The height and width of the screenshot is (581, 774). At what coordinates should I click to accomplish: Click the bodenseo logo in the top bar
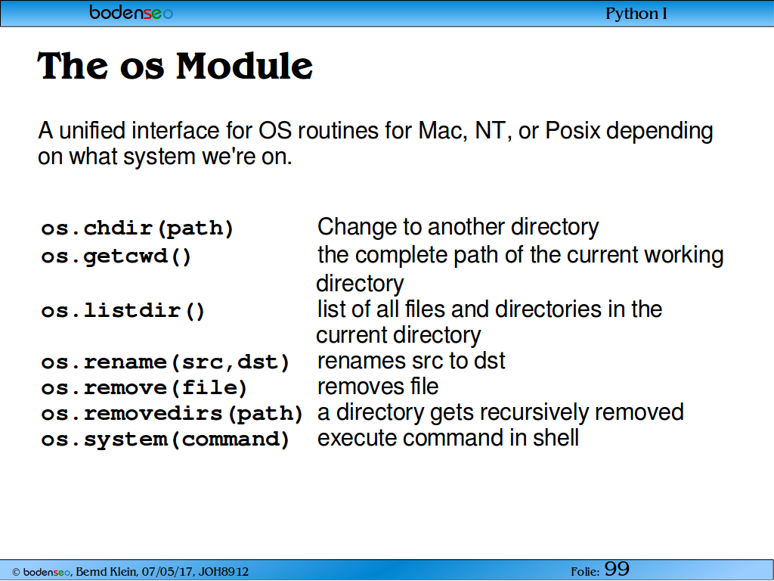point(131,12)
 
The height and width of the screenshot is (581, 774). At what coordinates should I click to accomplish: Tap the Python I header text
point(636,14)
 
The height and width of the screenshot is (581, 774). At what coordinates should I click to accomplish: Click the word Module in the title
point(244,66)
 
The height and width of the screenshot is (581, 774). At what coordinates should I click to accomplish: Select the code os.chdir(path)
point(138,228)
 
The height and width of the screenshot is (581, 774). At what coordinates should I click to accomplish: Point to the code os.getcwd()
point(116,256)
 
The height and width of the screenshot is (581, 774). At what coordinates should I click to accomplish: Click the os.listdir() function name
point(123,311)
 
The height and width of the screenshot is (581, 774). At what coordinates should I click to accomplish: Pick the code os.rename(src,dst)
point(166,362)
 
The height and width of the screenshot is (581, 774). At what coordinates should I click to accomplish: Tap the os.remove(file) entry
point(144,388)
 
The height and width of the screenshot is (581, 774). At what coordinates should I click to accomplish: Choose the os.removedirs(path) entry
point(172,414)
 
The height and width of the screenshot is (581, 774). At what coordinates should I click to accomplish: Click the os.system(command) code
point(166,440)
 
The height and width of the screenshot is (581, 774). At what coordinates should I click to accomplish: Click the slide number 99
point(617,569)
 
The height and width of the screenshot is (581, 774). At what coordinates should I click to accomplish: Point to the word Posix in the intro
point(573,131)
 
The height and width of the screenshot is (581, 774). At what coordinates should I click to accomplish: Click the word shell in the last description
point(556,438)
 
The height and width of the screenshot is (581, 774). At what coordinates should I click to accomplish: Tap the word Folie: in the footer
point(586,572)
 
